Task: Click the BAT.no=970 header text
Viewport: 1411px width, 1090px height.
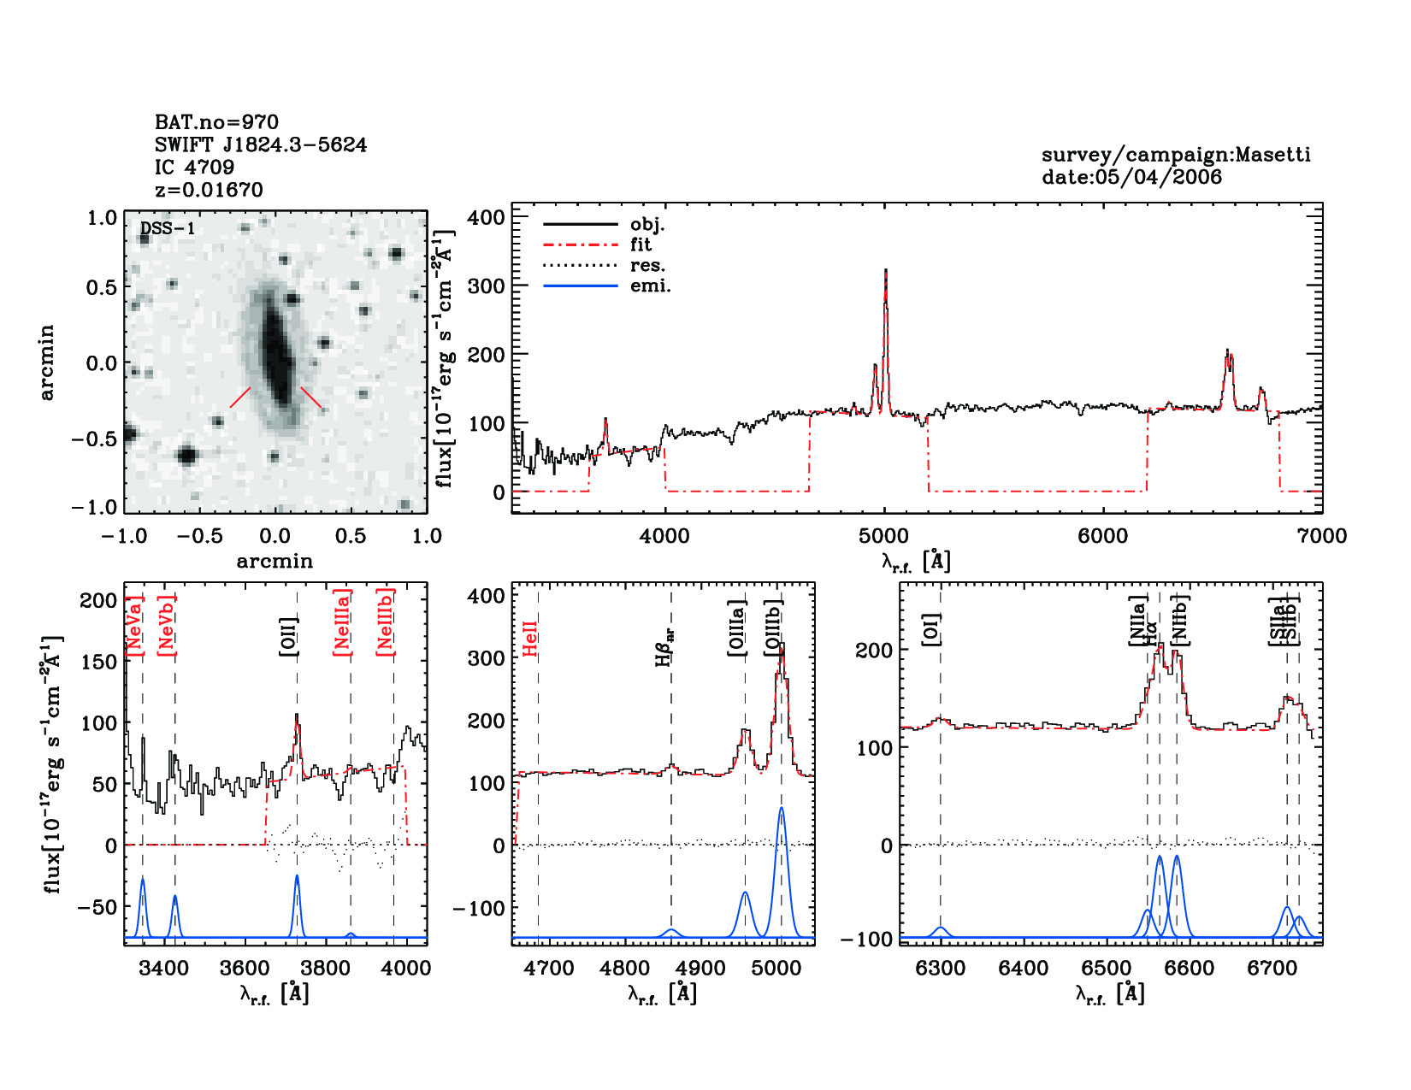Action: pyautogui.click(x=216, y=122)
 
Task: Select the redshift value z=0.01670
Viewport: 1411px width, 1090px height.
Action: pyautogui.click(x=209, y=190)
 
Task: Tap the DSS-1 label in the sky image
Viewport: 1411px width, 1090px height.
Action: pyautogui.click(x=168, y=228)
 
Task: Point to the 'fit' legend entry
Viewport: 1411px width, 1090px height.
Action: pyautogui.click(x=641, y=245)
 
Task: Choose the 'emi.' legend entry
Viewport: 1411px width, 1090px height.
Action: pyautogui.click(x=650, y=286)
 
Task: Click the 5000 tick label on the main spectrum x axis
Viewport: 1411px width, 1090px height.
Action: pyautogui.click(x=883, y=536)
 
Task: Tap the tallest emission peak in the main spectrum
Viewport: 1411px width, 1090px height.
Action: pyautogui.click(x=886, y=272)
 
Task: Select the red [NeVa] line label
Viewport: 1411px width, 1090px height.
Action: pyautogui.click(x=134, y=626)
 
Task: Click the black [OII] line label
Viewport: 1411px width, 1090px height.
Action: pyautogui.click(x=288, y=636)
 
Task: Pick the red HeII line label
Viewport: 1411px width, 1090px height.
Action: pyautogui.click(x=530, y=639)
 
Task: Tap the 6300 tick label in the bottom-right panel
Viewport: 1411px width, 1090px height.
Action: pyautogui.click(x=940, y=969)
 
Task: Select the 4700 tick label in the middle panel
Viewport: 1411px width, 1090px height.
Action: pyautogui.click(x=548, y=969)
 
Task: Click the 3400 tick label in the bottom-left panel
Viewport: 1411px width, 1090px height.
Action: pyautogui.click(x=163, y=969)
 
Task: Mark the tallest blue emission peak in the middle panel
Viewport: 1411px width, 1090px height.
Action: pyautogui.click(x=781, y=809)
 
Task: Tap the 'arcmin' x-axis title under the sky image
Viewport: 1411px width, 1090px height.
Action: pyautogui.click(x=275, y=562)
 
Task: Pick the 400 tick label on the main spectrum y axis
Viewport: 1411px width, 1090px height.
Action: pyautogui.click(x=486, y=217)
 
